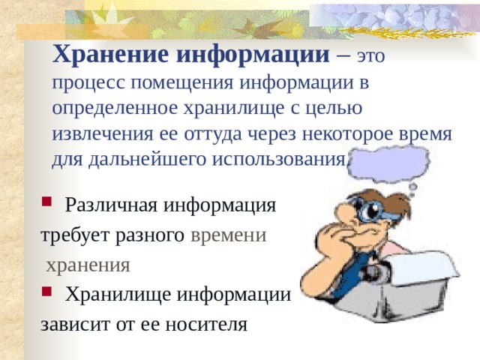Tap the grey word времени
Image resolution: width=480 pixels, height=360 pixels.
pyautogui.click(x=228, y=234)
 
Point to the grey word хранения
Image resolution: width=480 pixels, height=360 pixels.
pyautogui.click(x=88, y=264)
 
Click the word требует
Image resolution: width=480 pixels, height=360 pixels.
pyautogui.click(x=72, y=234)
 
